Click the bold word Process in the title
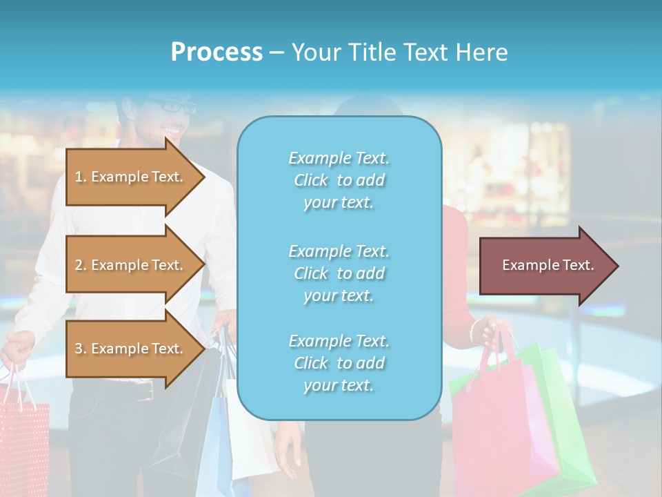point(217,52)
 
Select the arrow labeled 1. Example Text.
point(131,177)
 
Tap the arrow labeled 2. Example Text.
point(131,265)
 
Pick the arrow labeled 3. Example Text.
point(131,349)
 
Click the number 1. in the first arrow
point(81,177)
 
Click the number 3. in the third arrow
point(81,349)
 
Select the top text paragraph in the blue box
point(339,180)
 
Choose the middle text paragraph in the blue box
point(339,273)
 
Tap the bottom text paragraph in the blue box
point(339,363)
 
